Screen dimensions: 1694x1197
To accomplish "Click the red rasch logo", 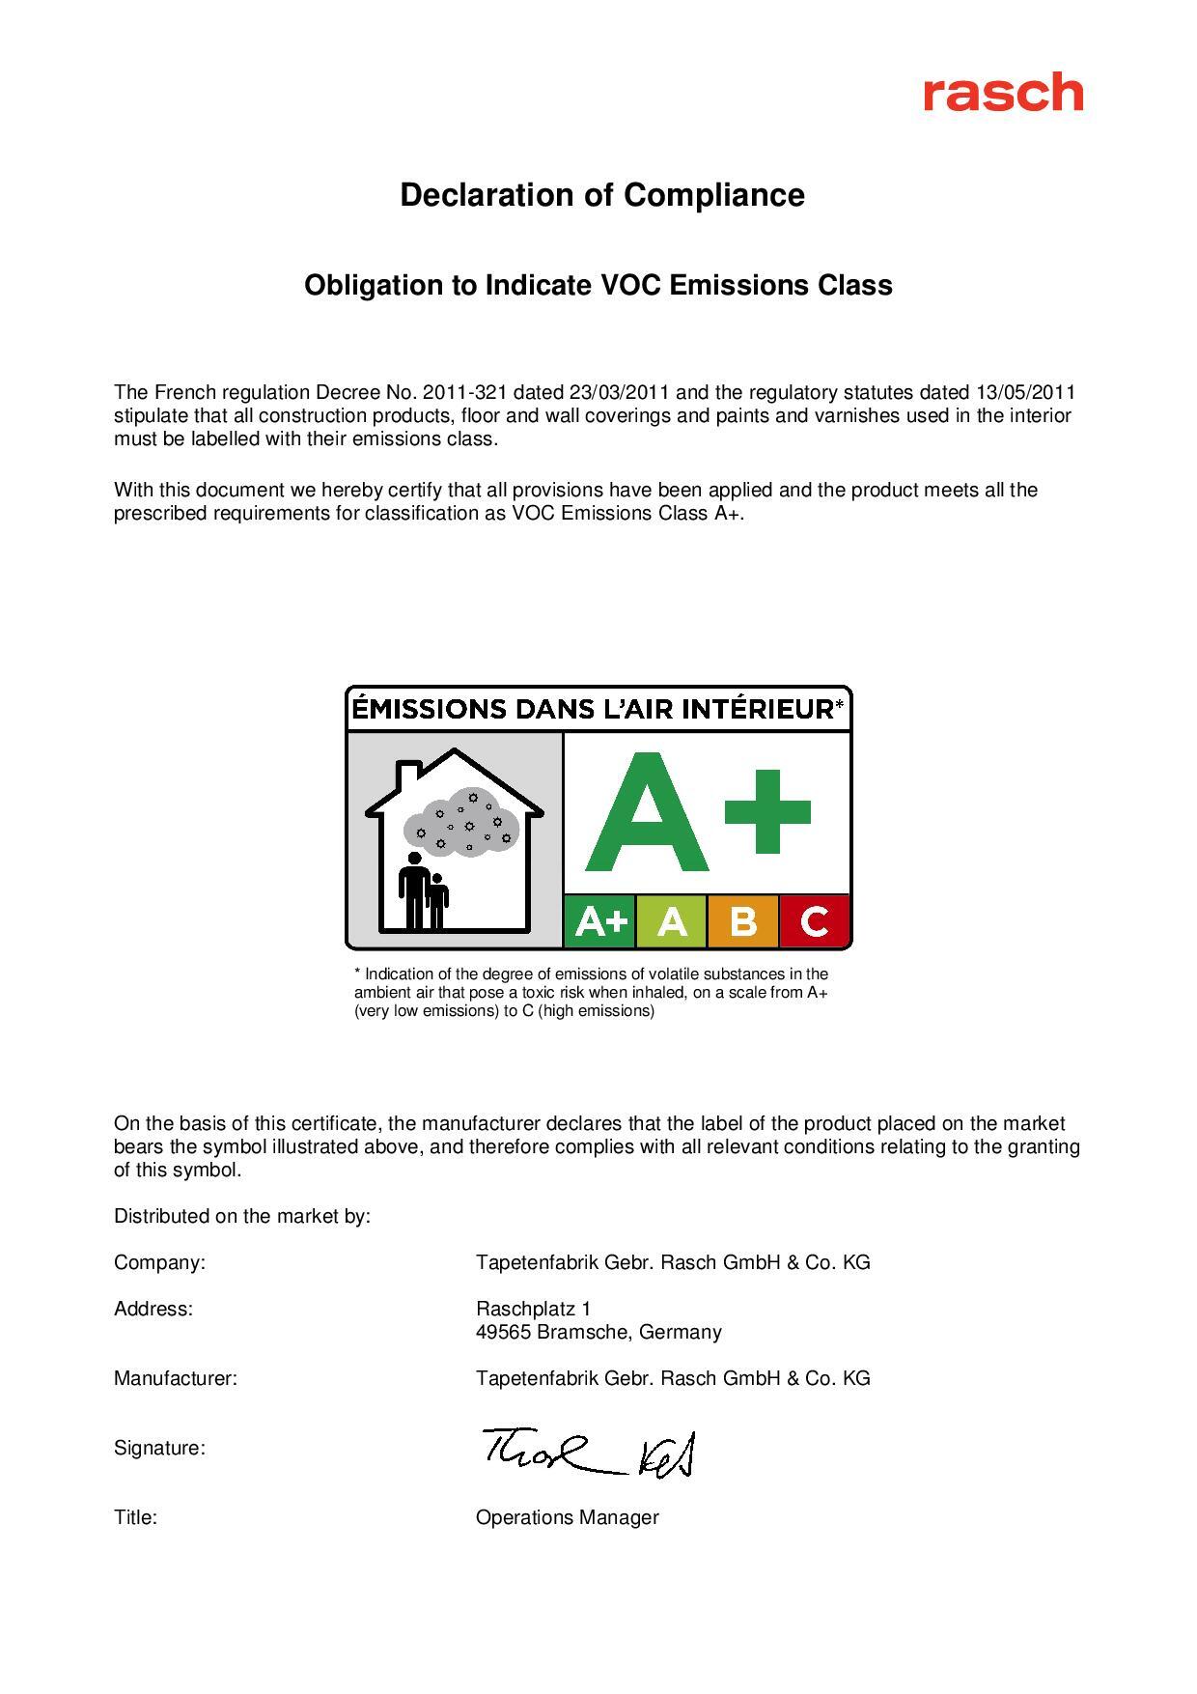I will pyautogui.click(x=1002, y=93).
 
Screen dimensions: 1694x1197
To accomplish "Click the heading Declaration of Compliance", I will pyautogui.click(x=602, y=195).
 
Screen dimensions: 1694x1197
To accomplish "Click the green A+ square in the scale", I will pyautogui.click(x=599, y=921).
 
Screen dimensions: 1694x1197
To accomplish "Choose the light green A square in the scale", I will pyautogui.click(x=672, y=921).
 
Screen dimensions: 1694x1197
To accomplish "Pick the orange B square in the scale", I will pyautogui.click(x=743, y=921).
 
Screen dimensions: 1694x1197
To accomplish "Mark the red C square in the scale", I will pyautogui.click(x=815, y=921).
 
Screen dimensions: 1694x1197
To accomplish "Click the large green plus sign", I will pyautogui.click(x=767, y=811).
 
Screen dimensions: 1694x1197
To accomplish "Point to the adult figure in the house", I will pyautogui.click(x=414, y=889).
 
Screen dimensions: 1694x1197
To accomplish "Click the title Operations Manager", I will pyautogui.click(x=567, y=1517).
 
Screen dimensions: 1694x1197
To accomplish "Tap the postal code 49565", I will pyautogui.click(x=502, y=1332).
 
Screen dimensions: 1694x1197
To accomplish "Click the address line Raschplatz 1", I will pyautogui.click(x=533, y=1309).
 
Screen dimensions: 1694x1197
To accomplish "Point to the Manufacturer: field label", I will pyautogui.click(x=176, y=1378).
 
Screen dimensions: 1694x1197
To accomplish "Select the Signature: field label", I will pyautogui.click(x=159, y=1448).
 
